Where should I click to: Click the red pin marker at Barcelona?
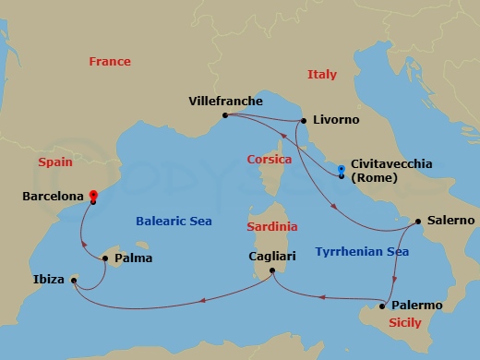93,196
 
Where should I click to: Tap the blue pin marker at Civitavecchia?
342,170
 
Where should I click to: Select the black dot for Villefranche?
224,115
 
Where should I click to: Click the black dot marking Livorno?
303,121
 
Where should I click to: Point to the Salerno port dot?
417,222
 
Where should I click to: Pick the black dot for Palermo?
383,306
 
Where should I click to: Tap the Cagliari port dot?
271,270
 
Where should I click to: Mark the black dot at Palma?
104,259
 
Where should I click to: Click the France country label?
110,62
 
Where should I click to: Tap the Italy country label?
322,75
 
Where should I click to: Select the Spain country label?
55,162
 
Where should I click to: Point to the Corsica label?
270,160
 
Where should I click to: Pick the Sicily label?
405,323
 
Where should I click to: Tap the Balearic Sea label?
174,222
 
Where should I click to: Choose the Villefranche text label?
225,101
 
